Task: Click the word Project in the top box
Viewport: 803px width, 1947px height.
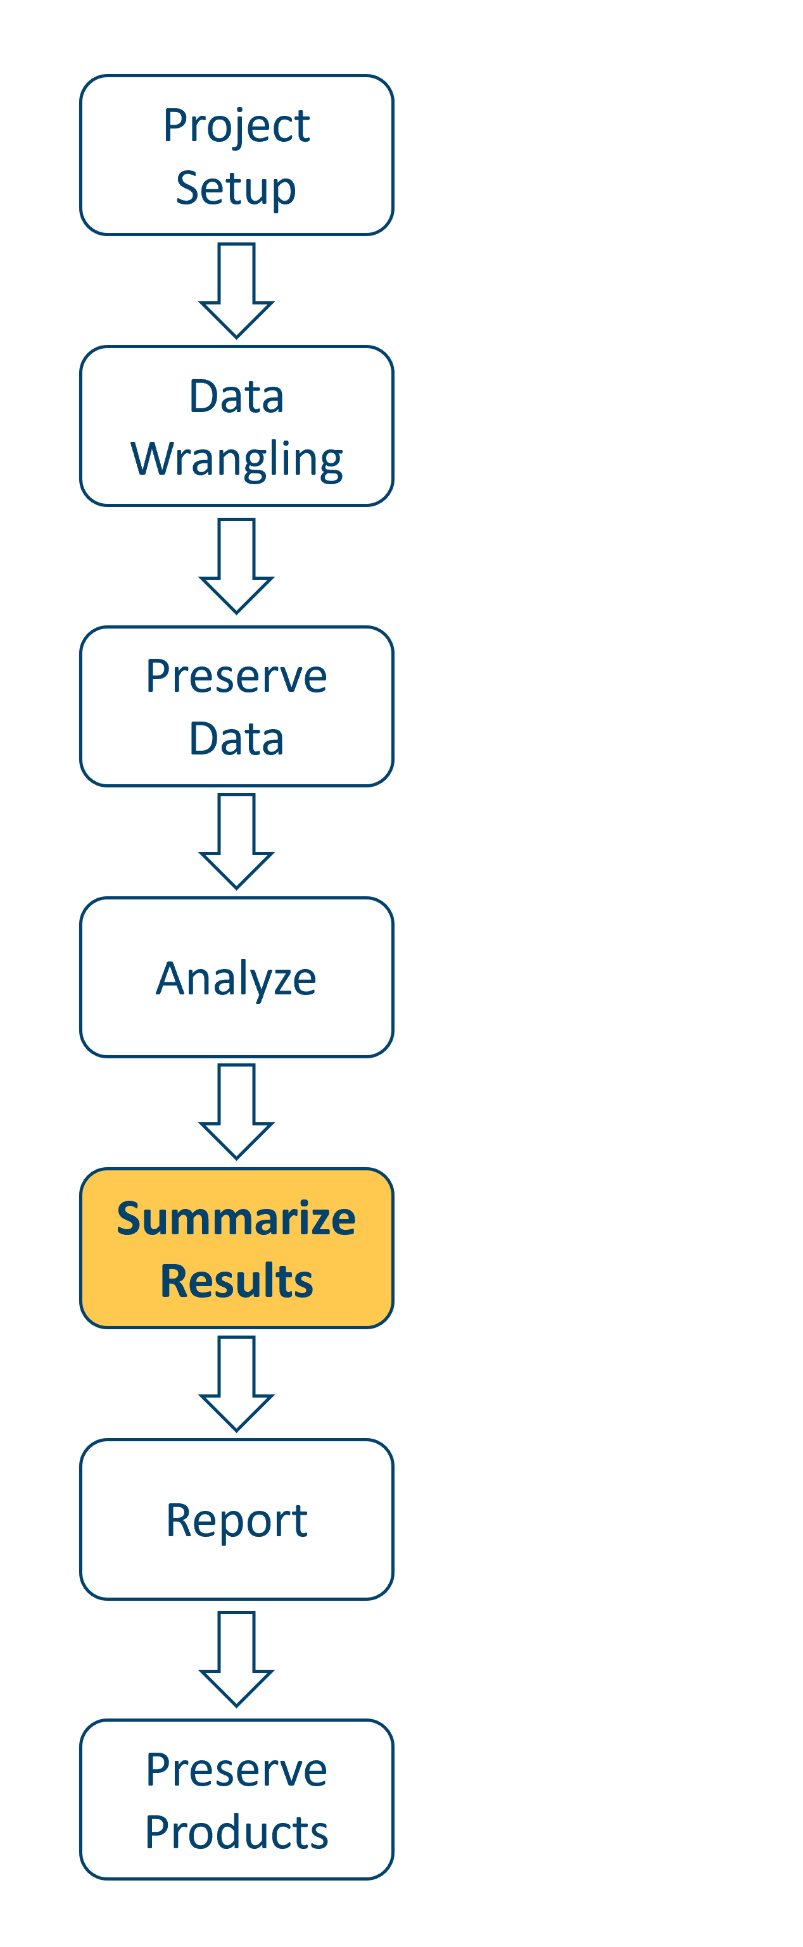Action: (x=236, y=125)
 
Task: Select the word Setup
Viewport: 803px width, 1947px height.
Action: (x=236, y=188)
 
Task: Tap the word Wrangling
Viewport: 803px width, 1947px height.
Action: (x=237, y=460)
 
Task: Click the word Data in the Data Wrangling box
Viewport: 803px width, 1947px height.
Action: (x=236, y=397)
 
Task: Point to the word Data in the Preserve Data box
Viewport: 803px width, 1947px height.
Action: (x=236, y=739)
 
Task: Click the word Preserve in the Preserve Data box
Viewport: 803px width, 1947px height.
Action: (x=236, y=677)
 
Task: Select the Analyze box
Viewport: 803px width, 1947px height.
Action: (x=237, y=978)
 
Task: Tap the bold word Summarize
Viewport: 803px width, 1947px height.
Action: (x=236, y=1218)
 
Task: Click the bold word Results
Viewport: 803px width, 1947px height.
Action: (x=236, y=1281)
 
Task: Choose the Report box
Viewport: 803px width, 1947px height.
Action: (x=237, y=1520)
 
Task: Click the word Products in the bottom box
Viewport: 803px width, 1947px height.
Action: (x=236, y=1833)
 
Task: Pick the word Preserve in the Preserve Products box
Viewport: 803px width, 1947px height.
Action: (x=236, y=1770)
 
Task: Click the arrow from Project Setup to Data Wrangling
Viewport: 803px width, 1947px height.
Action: (x=236, y=291)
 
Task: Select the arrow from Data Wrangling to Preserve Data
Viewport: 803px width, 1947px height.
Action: (x=236, y=565)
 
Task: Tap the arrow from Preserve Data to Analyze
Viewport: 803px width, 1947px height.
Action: (x=236, y=841)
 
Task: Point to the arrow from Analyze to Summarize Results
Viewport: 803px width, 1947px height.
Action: (x=236, y=1111)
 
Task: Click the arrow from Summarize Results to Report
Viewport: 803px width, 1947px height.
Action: (x=236, y=1383)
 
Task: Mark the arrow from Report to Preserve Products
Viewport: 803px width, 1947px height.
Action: (x=236, y=1658)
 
